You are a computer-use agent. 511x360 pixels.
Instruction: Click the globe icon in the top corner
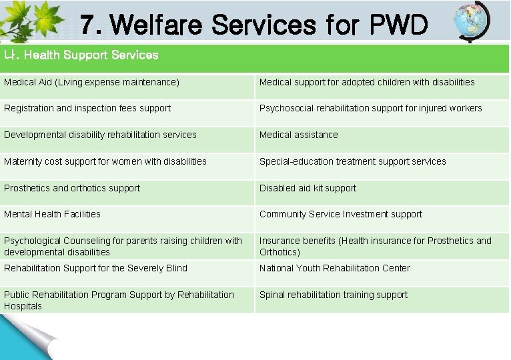(471, 22)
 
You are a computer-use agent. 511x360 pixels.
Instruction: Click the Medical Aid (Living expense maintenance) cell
(92, 82)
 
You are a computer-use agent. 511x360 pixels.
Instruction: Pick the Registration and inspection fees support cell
(87, 108)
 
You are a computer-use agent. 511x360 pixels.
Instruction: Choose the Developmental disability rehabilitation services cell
(100, 135)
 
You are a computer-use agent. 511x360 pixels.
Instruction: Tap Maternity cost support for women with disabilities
(105, 161)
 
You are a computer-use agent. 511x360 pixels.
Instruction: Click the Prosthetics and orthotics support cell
(72, 188)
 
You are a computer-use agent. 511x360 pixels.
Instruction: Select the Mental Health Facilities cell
(52, 214)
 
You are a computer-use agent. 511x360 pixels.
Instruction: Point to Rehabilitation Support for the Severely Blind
(95, 268)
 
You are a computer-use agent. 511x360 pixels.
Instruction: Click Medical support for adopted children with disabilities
(367, 82)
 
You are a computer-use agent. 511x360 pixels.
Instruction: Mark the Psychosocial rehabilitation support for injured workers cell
(370, 108)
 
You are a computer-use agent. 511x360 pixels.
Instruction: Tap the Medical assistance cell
(298, 135)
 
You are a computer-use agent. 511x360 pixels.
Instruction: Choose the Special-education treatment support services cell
(352, 161)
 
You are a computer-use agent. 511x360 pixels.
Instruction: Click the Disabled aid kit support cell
(308, 188)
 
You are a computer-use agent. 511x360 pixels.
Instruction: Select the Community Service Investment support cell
(340, 214)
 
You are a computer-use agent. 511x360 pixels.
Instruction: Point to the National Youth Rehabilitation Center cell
(334, 268)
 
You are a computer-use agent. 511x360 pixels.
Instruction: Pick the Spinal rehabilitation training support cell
(333, 295)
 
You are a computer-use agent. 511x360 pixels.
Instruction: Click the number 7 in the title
(87, 26)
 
